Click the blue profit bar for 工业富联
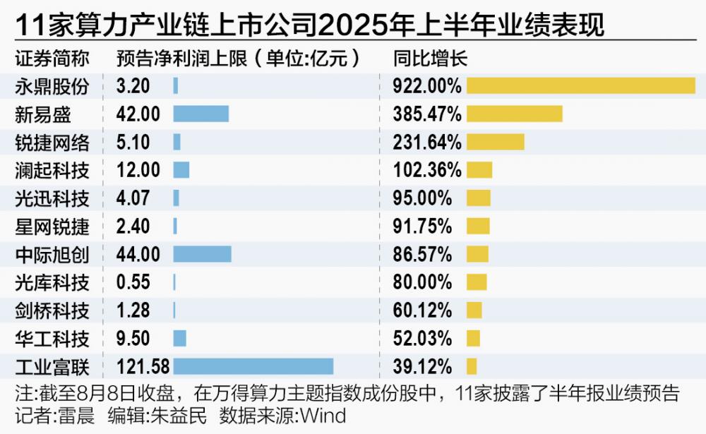253,366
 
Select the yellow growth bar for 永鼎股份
580,85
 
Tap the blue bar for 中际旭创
202,253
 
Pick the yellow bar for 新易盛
514,114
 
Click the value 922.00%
426,86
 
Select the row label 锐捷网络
52,142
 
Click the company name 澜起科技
52,170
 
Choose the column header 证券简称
45,58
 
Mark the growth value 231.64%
426,142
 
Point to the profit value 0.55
133,282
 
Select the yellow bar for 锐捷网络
495,142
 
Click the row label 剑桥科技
52,310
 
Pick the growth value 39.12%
422,366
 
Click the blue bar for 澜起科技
181,170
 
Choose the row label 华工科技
52,338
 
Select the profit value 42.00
138,114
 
